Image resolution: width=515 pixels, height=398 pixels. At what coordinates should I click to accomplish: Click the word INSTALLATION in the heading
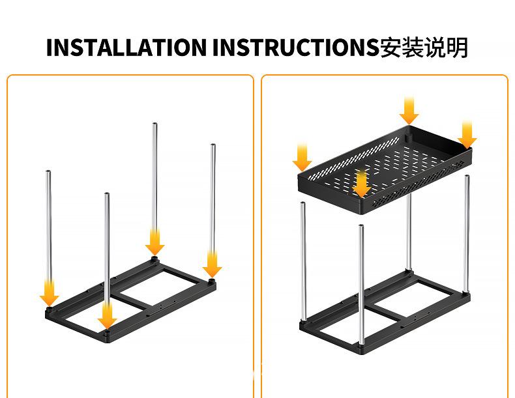point(126,48)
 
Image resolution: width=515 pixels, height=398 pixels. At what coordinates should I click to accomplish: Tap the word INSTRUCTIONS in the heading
point(296,48)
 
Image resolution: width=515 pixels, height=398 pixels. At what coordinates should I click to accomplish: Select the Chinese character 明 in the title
point(457,48)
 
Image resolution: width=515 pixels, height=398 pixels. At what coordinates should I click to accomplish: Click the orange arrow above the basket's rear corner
point(409,111)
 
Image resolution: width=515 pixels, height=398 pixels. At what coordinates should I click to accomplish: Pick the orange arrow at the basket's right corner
point(467,135)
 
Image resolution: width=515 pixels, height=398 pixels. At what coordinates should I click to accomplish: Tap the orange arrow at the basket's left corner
point(302,158)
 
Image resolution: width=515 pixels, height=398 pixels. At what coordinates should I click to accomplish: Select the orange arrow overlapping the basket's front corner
point(362,184)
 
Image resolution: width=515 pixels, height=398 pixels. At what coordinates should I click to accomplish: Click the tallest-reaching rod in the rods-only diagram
point(154,187)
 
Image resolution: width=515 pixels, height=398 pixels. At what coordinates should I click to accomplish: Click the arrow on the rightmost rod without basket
point(212,264)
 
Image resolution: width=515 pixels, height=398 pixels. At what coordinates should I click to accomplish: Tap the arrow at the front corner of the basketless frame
point(107,316)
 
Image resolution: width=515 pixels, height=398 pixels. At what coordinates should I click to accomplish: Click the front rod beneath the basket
point(361,285)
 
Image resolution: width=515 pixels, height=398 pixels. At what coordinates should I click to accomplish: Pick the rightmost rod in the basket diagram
point(467,234)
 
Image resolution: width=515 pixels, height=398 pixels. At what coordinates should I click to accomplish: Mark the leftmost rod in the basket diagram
point(304,261)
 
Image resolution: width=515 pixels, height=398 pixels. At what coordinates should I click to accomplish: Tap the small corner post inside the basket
point(408,137)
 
